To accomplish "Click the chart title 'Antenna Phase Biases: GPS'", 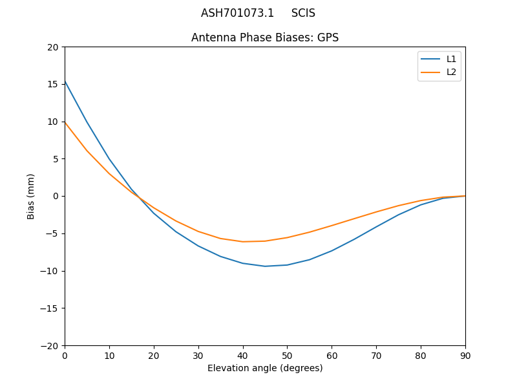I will pos(265,38).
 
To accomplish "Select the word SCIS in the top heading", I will pos(303,13).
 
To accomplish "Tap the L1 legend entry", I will pos(451,59).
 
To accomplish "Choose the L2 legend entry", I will pos(451,72).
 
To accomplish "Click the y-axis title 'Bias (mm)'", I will pos(31,196).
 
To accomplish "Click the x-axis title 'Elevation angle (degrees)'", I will pos(265,368).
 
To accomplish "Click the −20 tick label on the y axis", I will pos(49,345).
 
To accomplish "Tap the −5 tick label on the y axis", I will pos(51,233).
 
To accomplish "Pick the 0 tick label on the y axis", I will pos(56,196).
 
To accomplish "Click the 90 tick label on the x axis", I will pos(465,356).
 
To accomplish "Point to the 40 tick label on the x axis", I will pos(243,356).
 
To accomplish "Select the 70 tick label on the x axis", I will pos(376,356).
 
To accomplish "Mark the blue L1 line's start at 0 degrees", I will pos(65,81).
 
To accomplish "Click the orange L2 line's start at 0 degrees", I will pos(65,122).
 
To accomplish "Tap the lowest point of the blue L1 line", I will pos(265,266).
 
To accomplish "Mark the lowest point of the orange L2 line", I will pos(243,242).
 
